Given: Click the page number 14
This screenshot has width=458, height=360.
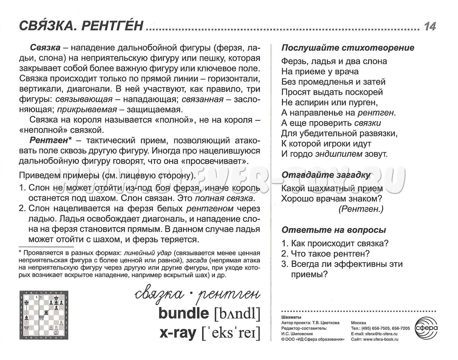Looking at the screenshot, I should [x=430, y=26].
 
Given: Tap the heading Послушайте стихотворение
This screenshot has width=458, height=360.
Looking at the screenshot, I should [x=348, y=48].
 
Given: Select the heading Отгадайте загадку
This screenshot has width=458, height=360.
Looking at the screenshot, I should [x=326, y=175].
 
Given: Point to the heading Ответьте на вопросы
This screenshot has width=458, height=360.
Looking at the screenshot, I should [x=334, y=230].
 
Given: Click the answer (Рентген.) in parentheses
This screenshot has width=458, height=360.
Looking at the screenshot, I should [x=361, y=209].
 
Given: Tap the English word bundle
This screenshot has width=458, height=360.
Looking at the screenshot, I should [x=183, y=313].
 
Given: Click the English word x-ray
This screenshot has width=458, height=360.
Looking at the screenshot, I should [x=178, y=333].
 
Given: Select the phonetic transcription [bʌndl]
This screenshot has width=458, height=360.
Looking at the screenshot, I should [x=237, y=313].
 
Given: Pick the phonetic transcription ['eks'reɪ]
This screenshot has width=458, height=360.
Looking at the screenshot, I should [x=231, y=333].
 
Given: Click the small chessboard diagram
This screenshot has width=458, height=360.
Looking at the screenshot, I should [x=44, y=315].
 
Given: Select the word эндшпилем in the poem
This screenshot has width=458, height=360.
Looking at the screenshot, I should [x=339, y=154].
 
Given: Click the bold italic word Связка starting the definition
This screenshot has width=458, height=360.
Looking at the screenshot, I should [x=45, y=48].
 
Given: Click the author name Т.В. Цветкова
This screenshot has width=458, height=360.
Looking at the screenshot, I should [x=324, y=323].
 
